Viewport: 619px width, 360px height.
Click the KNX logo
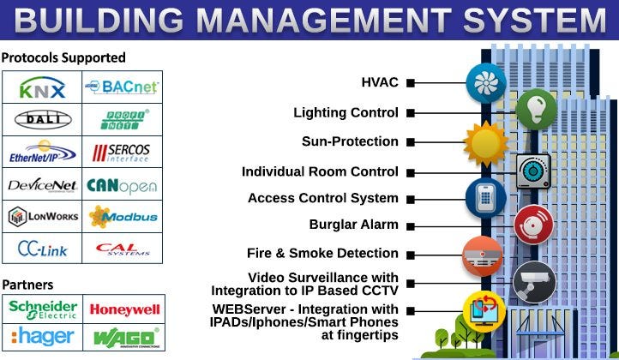click(x=42, y=87)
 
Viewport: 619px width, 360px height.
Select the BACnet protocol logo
click(x=122, y=87)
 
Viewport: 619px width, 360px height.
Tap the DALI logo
click(x=42, y=119)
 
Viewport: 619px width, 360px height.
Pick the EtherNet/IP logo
click(x=42, y=152)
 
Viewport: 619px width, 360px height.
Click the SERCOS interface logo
click(x=122, y=152)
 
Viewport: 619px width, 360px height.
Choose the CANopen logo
click(x=122, y=184)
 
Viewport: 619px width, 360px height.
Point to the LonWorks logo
click(x=42, y=216)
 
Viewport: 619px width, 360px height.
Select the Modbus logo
click(x=122, y=216)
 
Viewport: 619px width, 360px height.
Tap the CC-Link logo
click(x=42, y=249)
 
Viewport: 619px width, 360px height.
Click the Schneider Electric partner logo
click(x=42, y=309)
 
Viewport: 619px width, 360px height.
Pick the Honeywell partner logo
click(x=123, y=309)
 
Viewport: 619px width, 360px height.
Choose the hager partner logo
click(x=42, y=336)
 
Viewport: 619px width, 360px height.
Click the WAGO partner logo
click(x=123, y=336)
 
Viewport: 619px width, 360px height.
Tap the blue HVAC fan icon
click(x=485, y=83)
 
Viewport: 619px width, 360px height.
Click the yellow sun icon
click(x=485, y=141)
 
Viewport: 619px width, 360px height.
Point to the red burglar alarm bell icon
click(x=533, y=225)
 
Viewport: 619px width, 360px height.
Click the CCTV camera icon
click(x=534, y=282)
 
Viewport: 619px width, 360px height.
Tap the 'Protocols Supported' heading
click(x=63, y=57)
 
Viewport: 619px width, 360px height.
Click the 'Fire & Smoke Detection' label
click(x=322, y=254)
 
